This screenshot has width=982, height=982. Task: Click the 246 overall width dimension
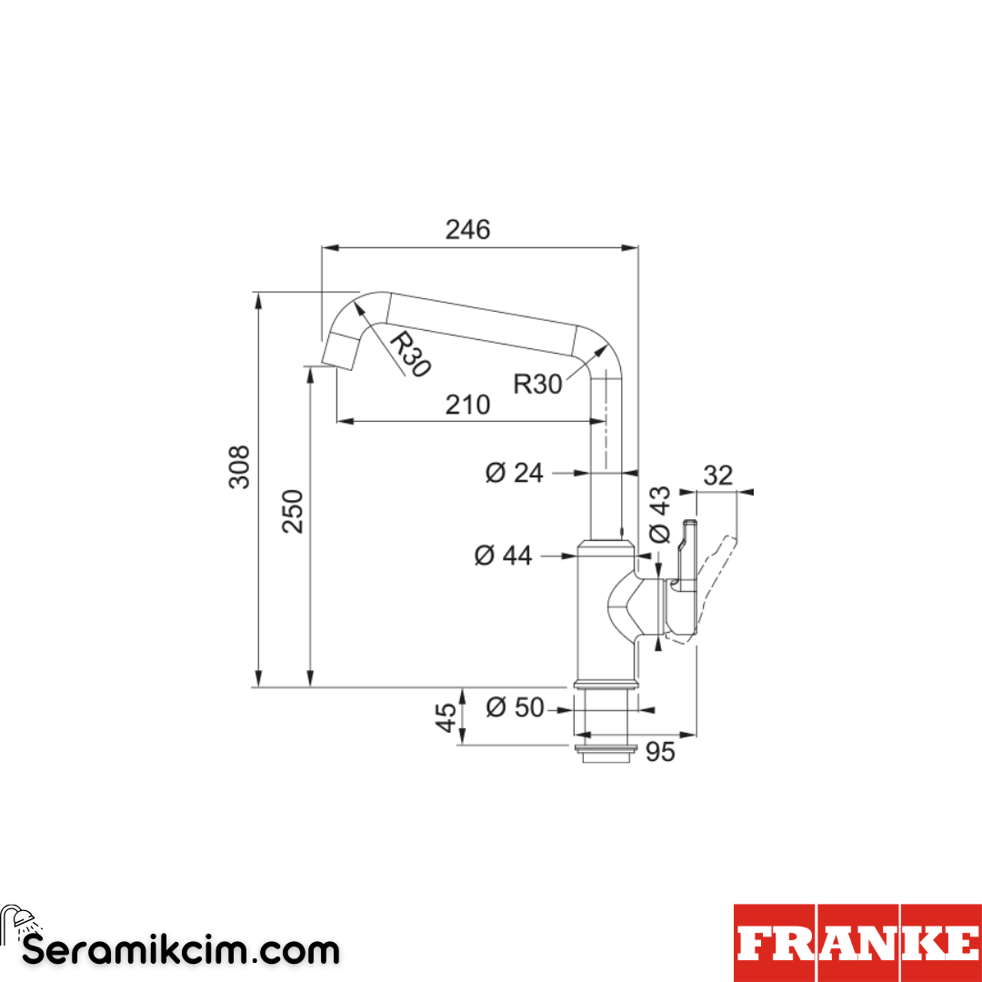(x=467, y=230)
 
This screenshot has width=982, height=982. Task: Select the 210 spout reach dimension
(x=467, y=404)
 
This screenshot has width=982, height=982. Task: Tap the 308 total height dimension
(x=239, y=466)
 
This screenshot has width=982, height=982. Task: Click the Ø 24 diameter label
(x=514, y=473)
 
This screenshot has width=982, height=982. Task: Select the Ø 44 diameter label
(x=503, y=555)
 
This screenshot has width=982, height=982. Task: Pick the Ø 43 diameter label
(x=659, y=515)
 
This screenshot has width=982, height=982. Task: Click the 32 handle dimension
(x=718, y=476)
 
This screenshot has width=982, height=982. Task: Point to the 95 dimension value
(x=660, y=752)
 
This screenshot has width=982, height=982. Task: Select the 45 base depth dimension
(x=446, y=716)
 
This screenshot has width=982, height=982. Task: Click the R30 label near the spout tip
(x=410, y=354)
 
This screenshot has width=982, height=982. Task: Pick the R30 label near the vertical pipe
(x=538, y=384)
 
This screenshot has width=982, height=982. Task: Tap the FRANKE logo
(x=857, y=943)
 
